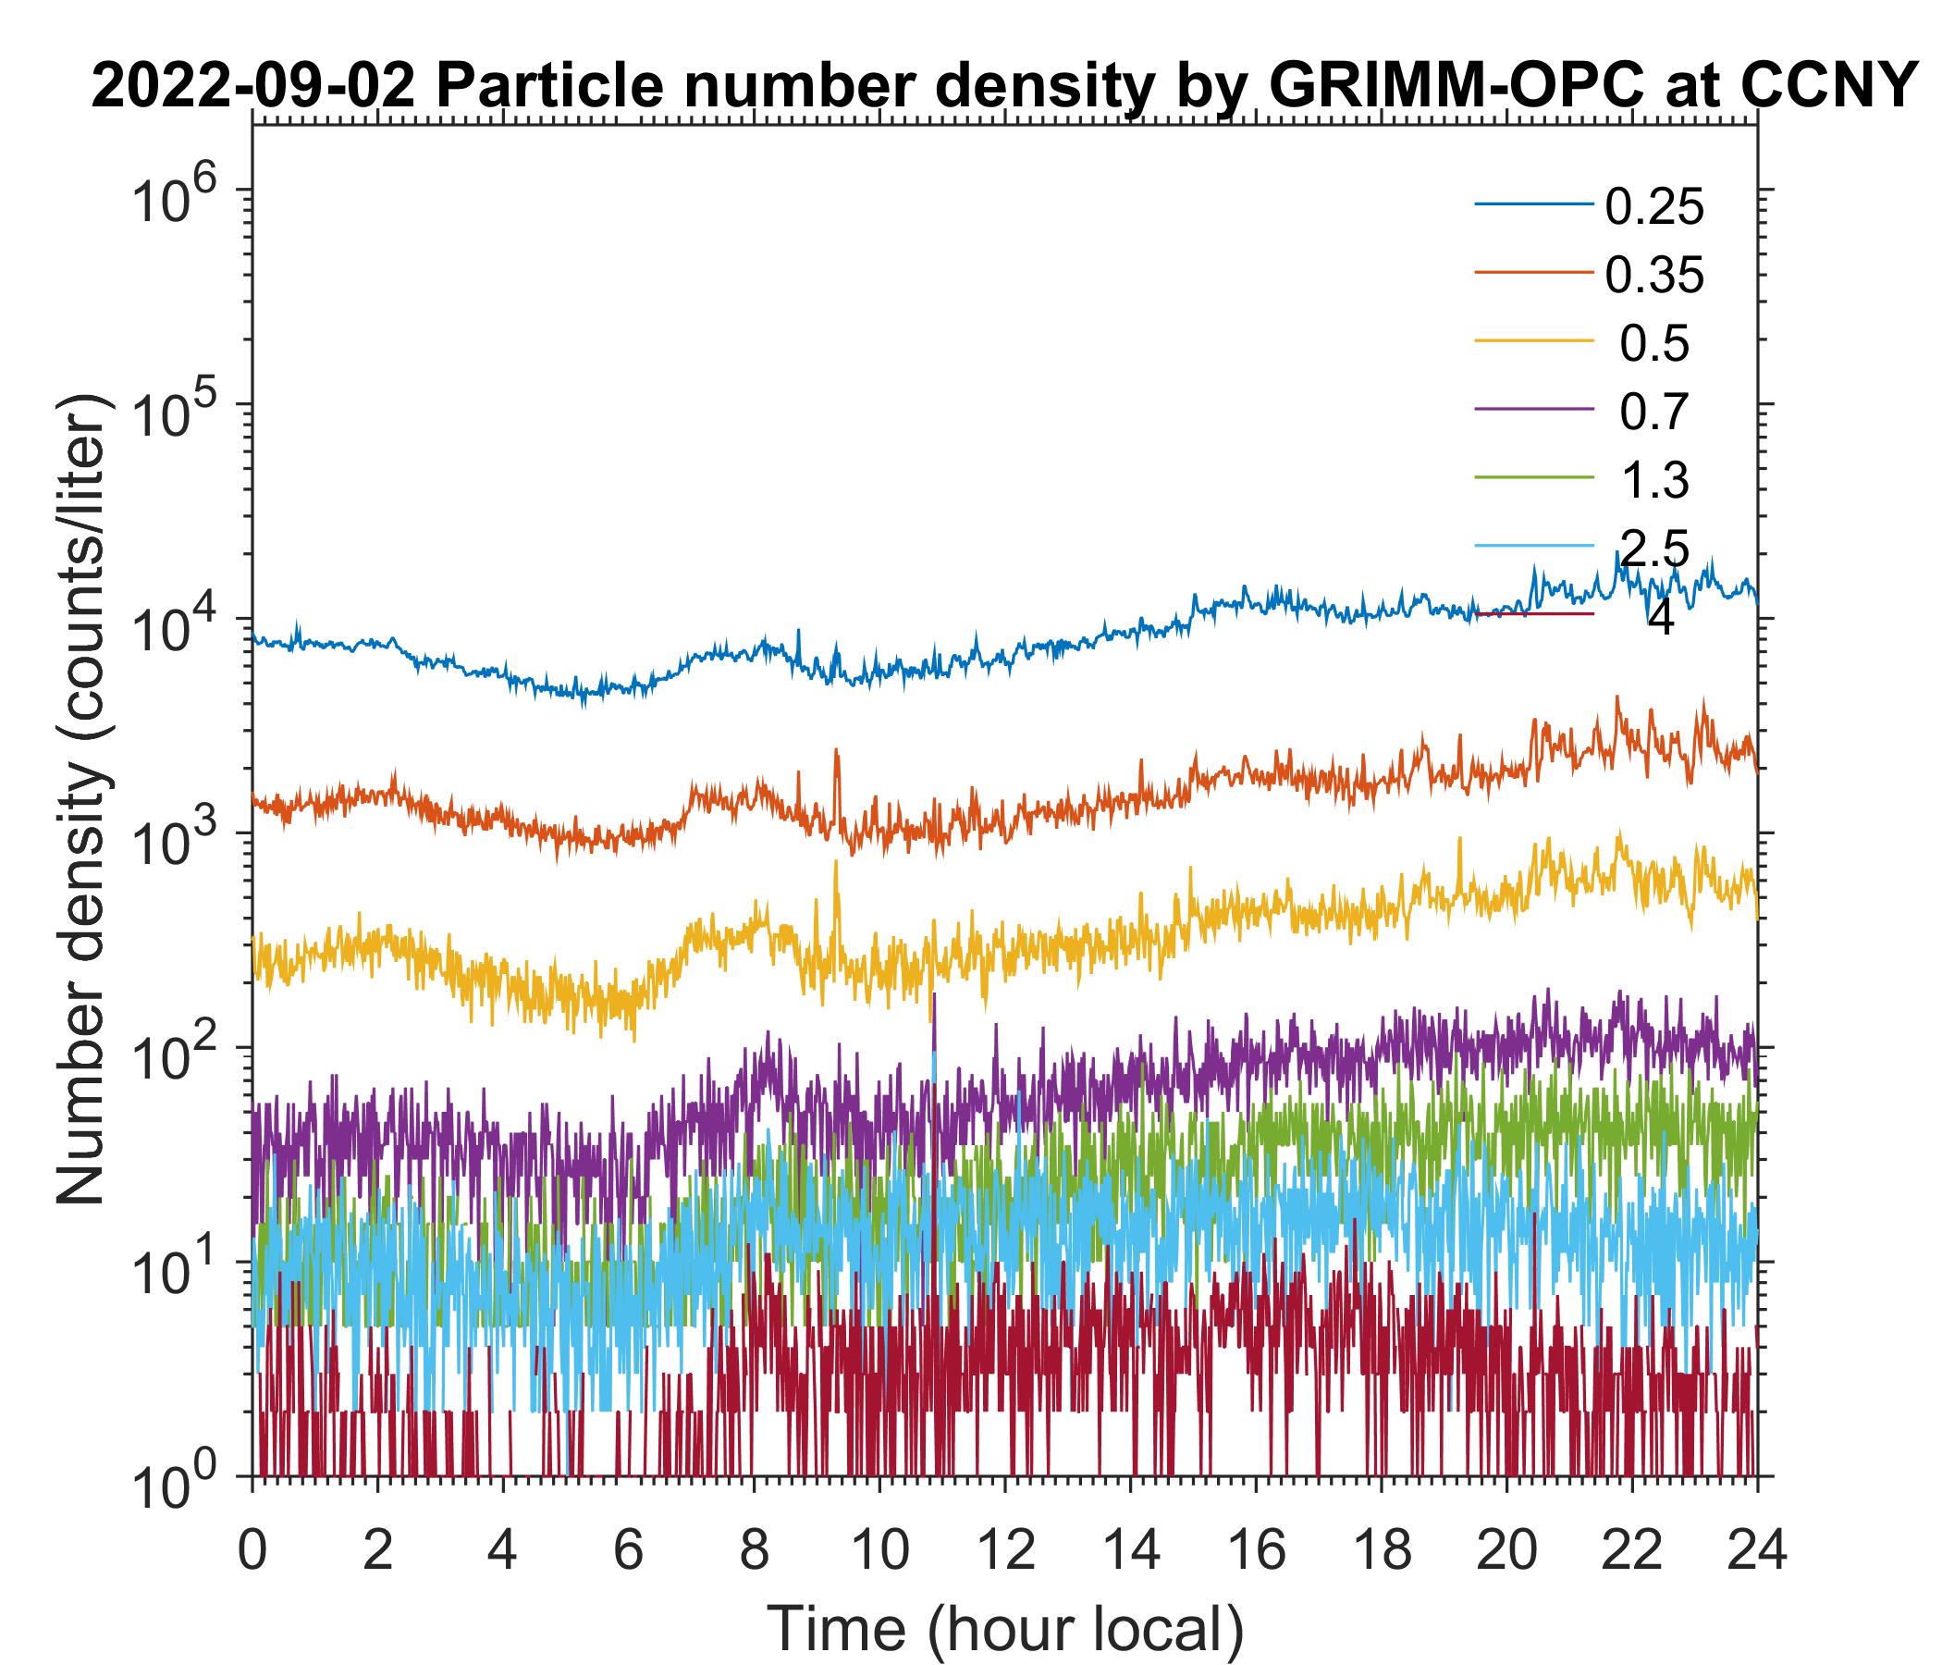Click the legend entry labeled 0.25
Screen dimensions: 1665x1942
(1653, 207)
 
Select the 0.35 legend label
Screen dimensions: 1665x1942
(1653, 276)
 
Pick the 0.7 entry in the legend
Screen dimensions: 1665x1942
(1654, 413)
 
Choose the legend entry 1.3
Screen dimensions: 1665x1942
(1654, 481)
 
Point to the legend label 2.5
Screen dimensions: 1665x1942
(1654, 549)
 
